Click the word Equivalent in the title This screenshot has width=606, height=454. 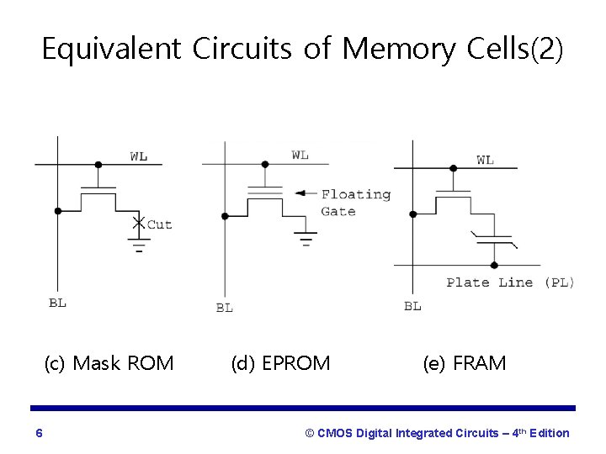(111, 50)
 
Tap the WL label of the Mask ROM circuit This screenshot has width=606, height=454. (140, 156)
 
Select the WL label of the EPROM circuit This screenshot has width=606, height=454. (300, 155)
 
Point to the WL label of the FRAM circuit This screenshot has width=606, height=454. (486, 160)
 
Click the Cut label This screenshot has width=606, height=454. (160, 224)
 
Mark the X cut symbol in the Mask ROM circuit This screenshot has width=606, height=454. (139, 223)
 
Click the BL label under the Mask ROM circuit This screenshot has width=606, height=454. (57, 303)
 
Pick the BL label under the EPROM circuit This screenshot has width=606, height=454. (224, 308)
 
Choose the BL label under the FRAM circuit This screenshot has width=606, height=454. (412, 306)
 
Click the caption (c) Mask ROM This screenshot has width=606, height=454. (109, 363)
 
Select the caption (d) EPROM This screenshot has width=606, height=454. (280, 363)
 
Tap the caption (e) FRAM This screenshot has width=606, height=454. (465, 363)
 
